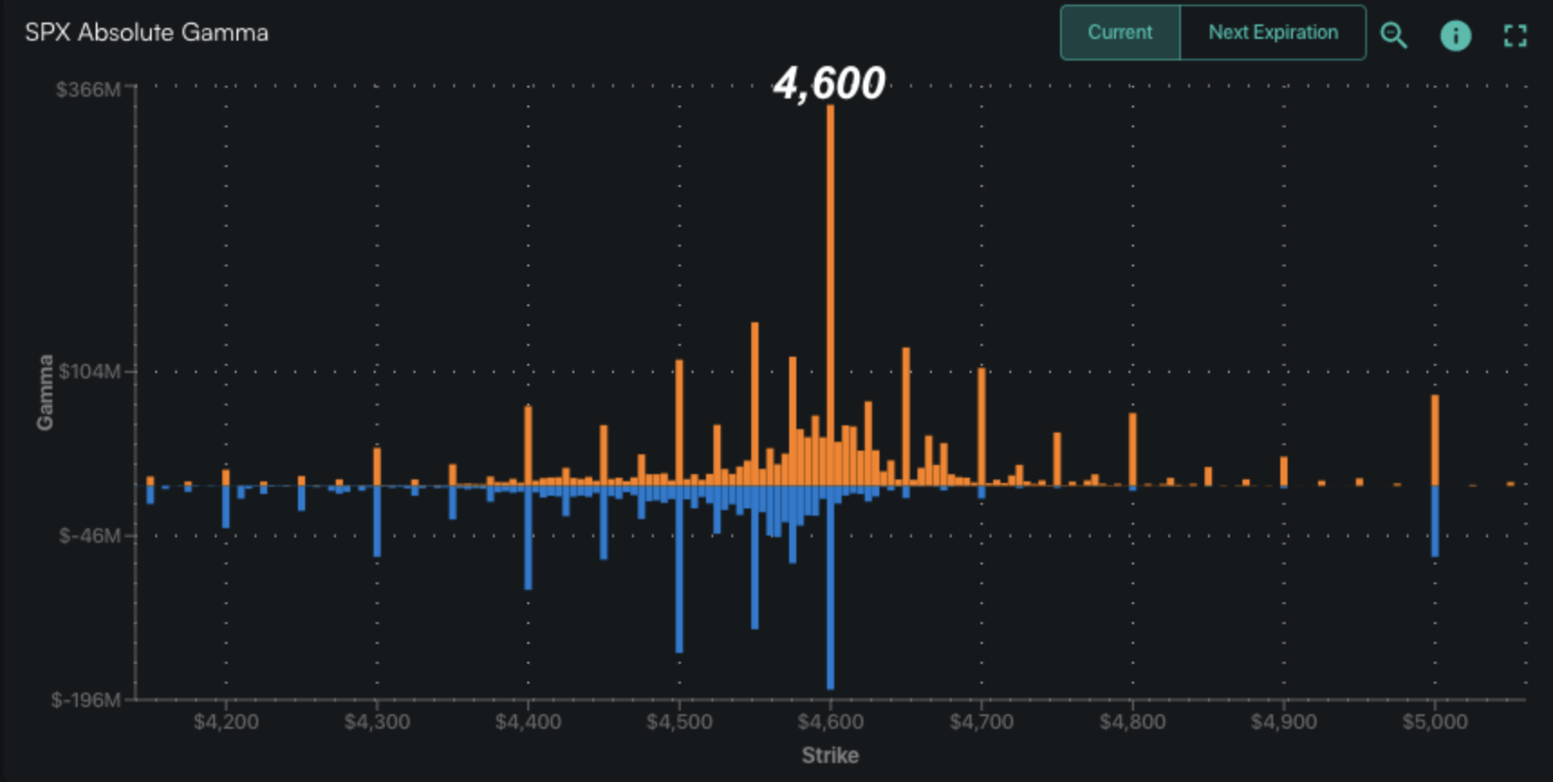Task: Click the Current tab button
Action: [1120, 33]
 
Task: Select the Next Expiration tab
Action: [1272, 33]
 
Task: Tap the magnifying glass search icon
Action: [1393, 35]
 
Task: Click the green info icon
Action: [1455, 35]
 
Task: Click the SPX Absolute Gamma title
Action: [146, 33]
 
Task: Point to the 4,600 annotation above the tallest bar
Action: [829, 84]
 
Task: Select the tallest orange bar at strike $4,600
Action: [830, 298]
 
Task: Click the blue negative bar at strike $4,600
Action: [830, 587]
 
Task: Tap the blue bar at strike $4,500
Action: [679, 569]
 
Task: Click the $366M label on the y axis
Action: [88, 89]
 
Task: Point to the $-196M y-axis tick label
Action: [86, 700]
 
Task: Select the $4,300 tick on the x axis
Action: [377, 722]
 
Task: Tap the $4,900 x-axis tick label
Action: [1283, 722]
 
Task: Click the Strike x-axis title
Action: [830, 755]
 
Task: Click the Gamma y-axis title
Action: [44, 392]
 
